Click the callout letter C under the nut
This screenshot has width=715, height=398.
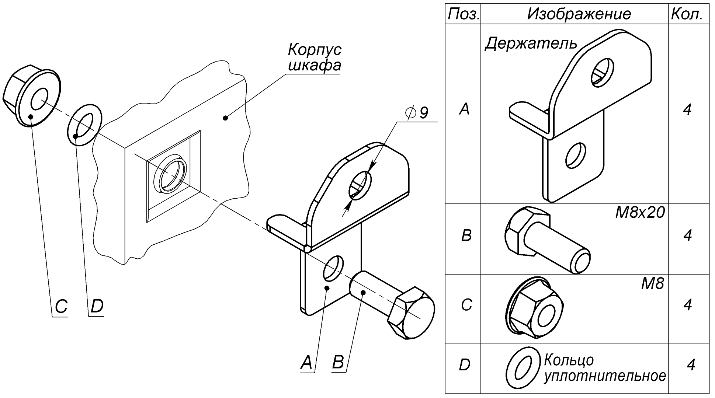point(61,306)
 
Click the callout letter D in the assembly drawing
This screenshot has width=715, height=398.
point(96,306)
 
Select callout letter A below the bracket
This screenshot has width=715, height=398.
point(307,363)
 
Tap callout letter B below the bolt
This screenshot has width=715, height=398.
point(338,363)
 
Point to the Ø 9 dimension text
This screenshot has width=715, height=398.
point(417,113)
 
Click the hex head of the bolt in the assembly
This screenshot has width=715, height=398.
point(411,313)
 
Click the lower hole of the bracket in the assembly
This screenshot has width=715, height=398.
point(333,267)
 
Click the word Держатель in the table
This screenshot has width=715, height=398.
point(531,43)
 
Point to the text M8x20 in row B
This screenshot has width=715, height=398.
point(640,213)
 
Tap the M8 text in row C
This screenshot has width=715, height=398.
point(652,283)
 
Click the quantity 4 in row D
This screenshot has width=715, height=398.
point(691,365)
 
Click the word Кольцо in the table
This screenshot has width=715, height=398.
point(569,360)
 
